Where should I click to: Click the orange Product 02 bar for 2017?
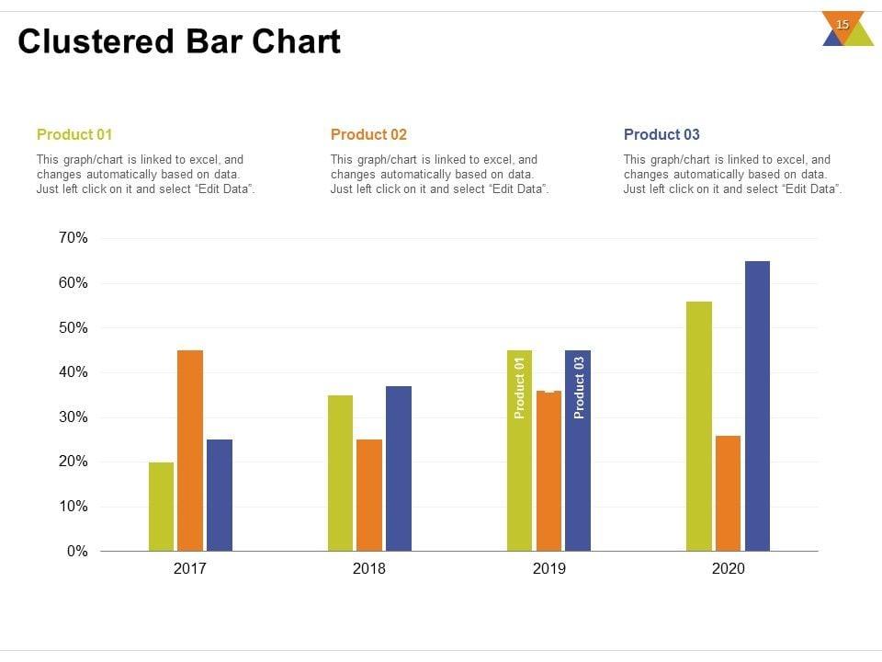(190, 451)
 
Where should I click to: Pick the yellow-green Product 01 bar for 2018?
(340, 474)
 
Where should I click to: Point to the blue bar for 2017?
(220, 496)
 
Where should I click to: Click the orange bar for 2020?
(728, 494)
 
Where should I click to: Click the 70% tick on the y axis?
(72, 238)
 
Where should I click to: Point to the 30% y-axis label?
(72, 417)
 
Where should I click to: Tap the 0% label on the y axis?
(76, 552)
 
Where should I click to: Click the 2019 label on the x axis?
(549, 569)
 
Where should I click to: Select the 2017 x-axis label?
(190, 569)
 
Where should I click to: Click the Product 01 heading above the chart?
(74, 135)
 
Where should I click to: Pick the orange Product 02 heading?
(368, 135)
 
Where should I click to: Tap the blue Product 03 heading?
(661, 135)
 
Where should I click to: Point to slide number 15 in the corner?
(842, 25)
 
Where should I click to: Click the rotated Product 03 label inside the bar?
(579, 388)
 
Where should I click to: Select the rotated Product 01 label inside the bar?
(520, 388)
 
